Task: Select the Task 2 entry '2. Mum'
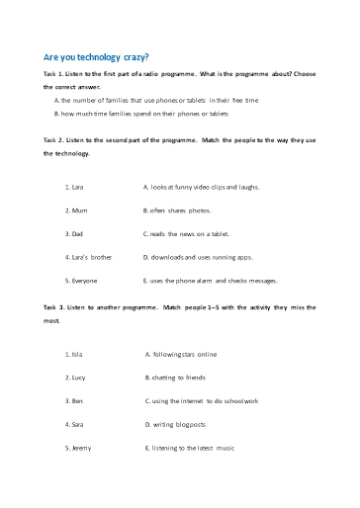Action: point(73,211)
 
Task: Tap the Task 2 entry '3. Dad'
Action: point(73,234)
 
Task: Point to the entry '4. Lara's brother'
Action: point(88,257)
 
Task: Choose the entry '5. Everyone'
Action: point(79,280)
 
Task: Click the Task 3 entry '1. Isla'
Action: point(72,354)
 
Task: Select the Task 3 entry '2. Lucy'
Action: point(74,378)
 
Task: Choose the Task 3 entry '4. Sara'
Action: point(73,425)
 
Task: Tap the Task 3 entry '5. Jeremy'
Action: point(77,449)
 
